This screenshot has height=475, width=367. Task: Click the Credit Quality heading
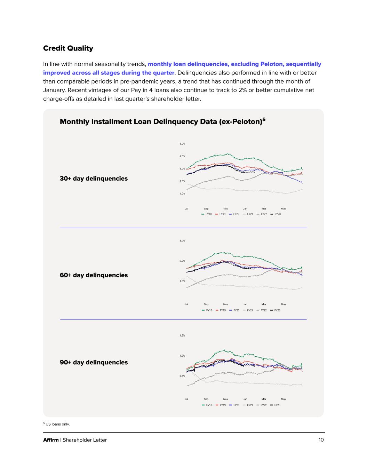point(68,48)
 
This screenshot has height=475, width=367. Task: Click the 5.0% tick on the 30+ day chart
point(182,144)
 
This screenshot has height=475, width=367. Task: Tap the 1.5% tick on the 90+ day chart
point(182,335)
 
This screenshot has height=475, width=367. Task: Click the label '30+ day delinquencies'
point(94,179)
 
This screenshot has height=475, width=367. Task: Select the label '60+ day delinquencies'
point(94,275)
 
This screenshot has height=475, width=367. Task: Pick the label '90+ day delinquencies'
point(94,362)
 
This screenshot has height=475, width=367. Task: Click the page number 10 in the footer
point(321,440)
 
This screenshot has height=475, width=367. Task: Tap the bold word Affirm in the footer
point(51,440)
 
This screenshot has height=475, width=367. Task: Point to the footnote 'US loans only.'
point(58,424)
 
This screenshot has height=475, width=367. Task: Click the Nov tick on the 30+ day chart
point(226,209)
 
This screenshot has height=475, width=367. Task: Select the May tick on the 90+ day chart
point(283,399)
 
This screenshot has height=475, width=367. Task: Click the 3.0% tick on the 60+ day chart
point(182,241)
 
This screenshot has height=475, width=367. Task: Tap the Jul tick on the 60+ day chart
point(186,304)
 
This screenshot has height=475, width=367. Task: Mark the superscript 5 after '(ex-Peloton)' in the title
point(264,119)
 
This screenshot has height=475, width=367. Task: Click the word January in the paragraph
point(55,90)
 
